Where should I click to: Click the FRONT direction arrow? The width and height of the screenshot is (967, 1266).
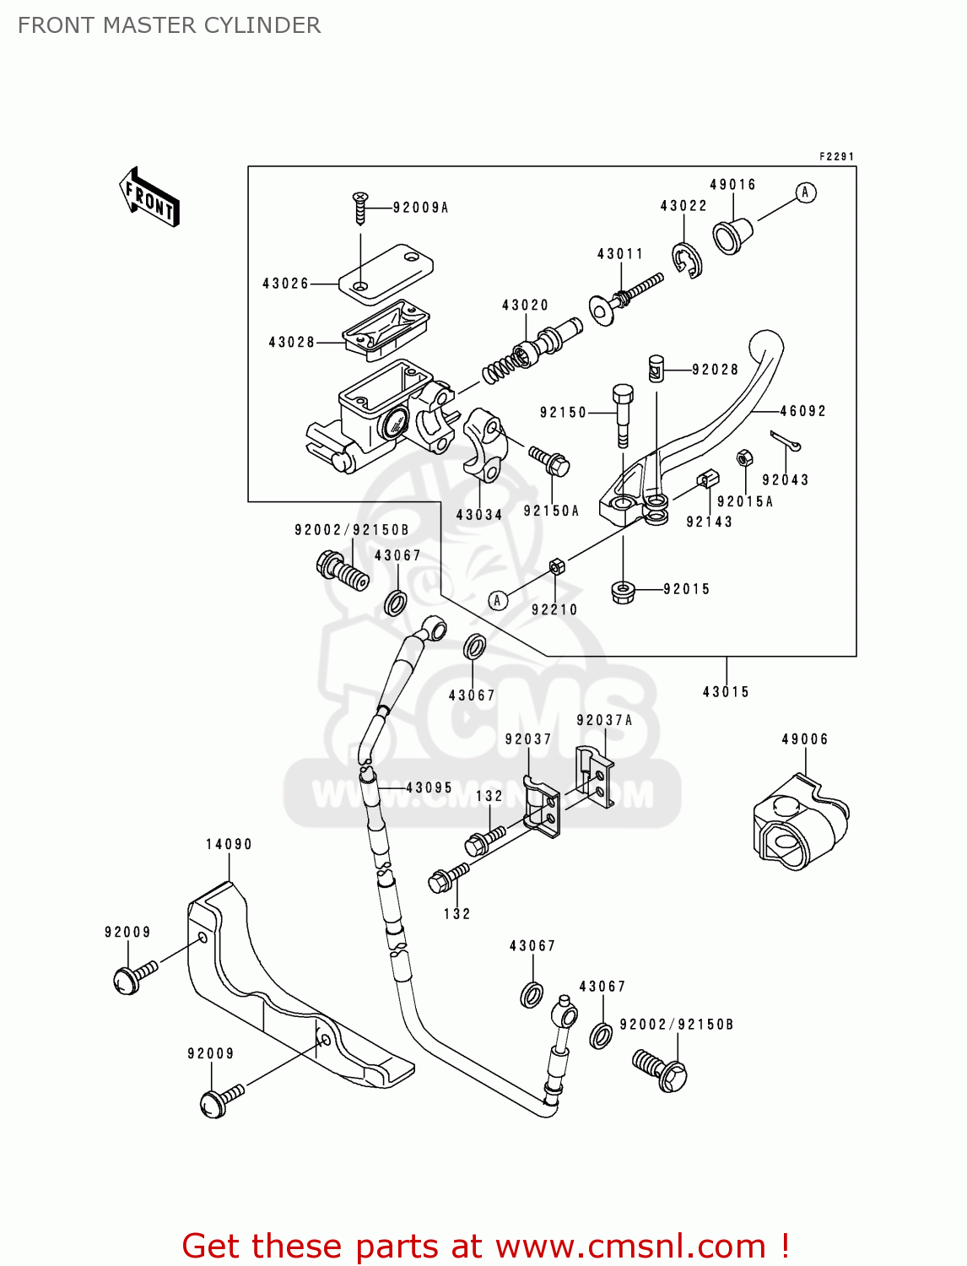tap(150, 197)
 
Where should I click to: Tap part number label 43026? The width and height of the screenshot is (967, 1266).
tap(285, 284)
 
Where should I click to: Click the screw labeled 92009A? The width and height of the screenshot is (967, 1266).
tap(360, 208)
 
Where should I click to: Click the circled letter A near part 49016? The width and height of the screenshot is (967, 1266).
tap(806, 192)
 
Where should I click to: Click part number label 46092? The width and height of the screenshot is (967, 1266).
tap(802, 411)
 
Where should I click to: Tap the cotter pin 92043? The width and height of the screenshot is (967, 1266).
tap(785, 441)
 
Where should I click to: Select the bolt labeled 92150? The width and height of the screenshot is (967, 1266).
tap(622, 413)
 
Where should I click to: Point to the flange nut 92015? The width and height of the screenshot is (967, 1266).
tap(623, 590)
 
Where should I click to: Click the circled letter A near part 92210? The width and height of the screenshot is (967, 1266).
tap(498, 600)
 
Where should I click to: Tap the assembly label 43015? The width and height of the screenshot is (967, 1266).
tap(726, 692)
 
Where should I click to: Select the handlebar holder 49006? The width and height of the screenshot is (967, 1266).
tap(798, 823)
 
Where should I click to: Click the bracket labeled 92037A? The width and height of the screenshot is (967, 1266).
tap(595, 776)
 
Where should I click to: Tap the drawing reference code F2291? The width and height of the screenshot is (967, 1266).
tap(836, 157)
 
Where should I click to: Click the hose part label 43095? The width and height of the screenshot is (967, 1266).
tap(429, 787)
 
